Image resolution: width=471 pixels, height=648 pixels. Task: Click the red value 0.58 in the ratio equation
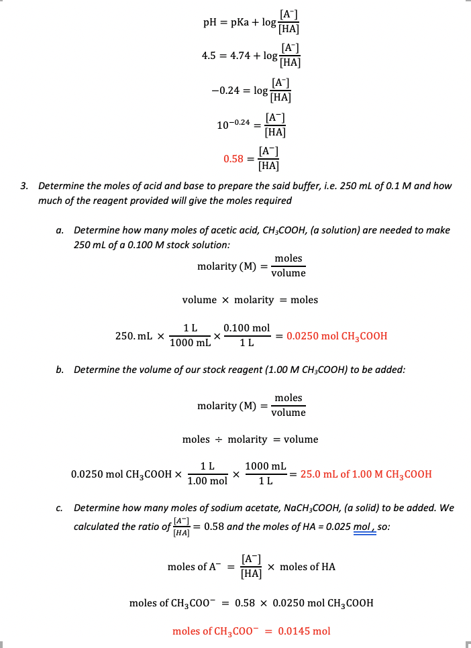[x=233, y=160]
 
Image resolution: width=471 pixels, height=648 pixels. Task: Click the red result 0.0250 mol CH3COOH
[x=336, y=336]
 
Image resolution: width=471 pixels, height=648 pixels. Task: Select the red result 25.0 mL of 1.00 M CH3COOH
[x=366, y=474]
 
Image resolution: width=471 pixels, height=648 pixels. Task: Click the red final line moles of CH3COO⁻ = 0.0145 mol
[x=251, y=631]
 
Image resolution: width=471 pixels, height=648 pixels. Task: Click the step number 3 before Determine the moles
[x=23, y=186]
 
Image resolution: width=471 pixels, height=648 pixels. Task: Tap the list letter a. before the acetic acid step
[x=60, y=230]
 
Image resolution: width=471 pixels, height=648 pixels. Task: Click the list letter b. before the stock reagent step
[x=60, y=370]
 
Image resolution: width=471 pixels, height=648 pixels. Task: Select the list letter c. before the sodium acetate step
[x=60, y=508]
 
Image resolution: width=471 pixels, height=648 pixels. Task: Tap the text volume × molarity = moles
[x=250, y=300]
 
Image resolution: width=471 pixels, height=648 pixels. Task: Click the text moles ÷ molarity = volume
[x=250, y=439]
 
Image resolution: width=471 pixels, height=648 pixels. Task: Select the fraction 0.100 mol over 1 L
[x=246, y=336]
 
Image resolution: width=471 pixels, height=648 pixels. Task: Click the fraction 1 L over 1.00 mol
[x=207, y=474]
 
